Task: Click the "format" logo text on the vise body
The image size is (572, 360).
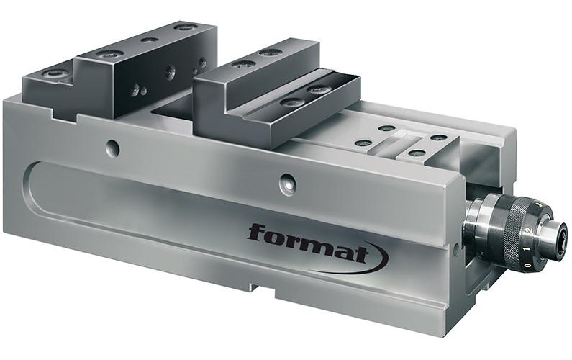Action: point(307,243)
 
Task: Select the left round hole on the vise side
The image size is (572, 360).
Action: point(112,148)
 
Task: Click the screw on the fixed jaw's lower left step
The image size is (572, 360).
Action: point(54,73)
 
